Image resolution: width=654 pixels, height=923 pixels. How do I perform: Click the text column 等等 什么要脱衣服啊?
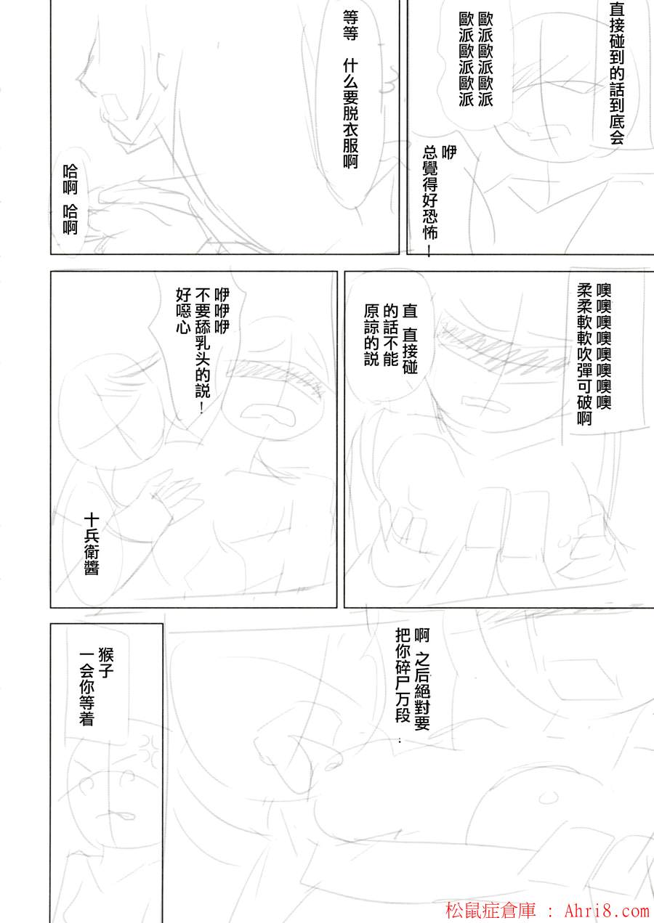point(350,89)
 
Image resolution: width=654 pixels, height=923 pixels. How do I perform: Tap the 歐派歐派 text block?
point(476,60)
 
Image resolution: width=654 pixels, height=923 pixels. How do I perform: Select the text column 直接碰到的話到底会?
point(616,73)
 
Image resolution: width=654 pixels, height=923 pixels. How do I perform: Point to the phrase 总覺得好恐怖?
point(430,200)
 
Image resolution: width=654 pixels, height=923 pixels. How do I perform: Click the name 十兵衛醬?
point(91,544)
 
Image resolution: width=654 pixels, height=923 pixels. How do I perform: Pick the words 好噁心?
point(183,311)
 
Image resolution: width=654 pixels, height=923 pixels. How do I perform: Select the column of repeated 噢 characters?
point(603,346)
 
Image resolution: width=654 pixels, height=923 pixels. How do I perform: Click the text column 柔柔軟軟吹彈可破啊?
point(585,354)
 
